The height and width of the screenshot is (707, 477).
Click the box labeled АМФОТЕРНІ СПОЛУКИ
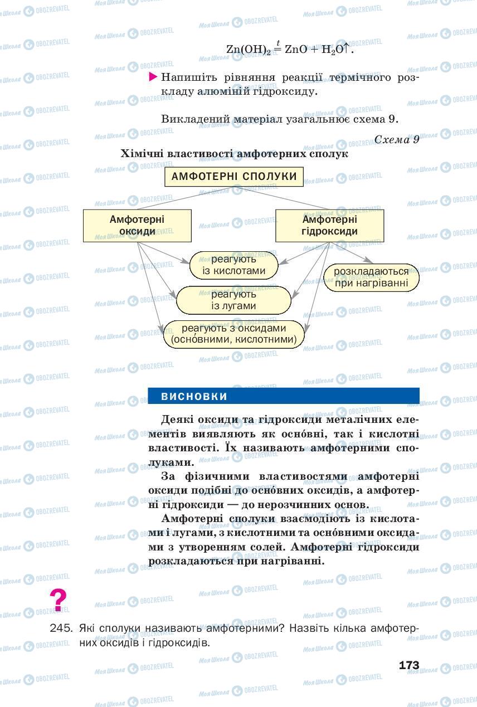pyautogui.click(x=234, y=177)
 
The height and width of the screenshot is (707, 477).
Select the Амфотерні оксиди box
pyautogui.click(x=137, y=225)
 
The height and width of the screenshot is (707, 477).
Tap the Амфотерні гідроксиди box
pyautogui.click(x=329, y=225)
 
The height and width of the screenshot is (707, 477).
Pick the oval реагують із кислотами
pyautogui.click(x=234, y=265)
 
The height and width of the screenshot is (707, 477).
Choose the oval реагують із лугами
pyautogui.click(x=233, y=300)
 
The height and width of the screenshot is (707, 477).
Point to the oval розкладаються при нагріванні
pyautogui.click(x=371, y=277)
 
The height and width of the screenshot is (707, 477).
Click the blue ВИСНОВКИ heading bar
pyautogui.click(x=283, y=396)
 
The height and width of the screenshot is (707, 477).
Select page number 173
pyautogui.click(x=408, y=665)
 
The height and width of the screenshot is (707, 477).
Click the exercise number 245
pyautogui.click(x=61, y=628)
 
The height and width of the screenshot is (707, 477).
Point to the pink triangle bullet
pyautogui.click(x=153, y=77)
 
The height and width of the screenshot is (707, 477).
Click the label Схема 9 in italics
pyautogui.click(x=397, y=139)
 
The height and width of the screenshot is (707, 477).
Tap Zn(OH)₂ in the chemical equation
pyautogui.click(x=248, y=50)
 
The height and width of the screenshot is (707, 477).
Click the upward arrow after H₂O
pyautogui.click(x=346, y=48)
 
